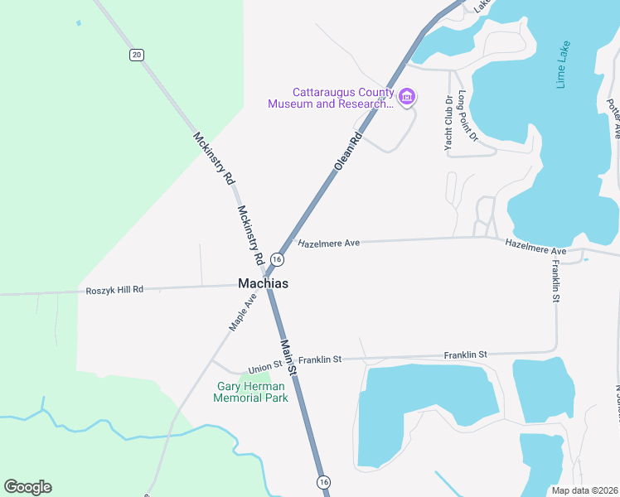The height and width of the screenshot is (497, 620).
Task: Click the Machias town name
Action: point(263,283)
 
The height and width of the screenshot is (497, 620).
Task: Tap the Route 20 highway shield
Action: point(137,55)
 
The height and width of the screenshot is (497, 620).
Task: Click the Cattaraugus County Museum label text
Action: point(330,99)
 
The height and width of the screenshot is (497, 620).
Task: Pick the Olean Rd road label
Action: point(349,151)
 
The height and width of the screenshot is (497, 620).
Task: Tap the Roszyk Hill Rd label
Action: point(114,290)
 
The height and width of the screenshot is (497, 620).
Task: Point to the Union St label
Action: point(265,366)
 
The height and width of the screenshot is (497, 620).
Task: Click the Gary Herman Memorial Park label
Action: point(250,392)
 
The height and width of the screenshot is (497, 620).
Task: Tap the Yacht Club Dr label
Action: point(448,123)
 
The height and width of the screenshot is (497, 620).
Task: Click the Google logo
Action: point(27,487)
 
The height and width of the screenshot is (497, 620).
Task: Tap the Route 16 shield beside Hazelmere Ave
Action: point(278,260)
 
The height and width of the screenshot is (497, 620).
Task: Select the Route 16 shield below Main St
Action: point(323,481)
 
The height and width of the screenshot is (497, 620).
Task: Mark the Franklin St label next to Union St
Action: point(320,359)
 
